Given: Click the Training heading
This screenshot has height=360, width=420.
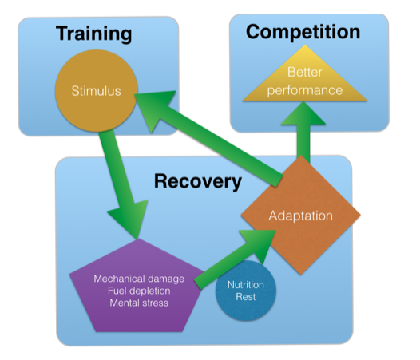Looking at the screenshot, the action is [x=93, y=34].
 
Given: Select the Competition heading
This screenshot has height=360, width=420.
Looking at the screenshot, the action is [x=303, y=32].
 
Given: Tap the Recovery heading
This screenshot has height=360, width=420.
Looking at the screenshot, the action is [x=198, y=182].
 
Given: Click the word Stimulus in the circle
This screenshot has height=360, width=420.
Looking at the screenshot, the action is [x=96, y=91].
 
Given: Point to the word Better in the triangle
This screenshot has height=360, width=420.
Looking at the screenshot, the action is [x=304, y=72].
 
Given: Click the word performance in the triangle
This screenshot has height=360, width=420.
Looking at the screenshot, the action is [x=305, y=90].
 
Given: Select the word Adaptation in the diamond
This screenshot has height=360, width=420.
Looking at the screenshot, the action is [x=300, y=216].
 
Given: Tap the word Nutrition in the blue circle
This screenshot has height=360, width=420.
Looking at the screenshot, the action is [x=246, y=284].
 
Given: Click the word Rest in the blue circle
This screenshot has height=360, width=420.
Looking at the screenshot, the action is [x=246, y=297].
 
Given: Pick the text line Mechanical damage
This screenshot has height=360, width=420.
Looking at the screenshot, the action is [x=139, y=279].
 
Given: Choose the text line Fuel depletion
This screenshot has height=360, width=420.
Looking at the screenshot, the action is [x=139, y=291].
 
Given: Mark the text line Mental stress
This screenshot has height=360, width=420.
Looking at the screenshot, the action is [x=139, y=303].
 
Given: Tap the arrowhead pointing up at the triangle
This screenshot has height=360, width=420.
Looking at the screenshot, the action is [x=303, y=115].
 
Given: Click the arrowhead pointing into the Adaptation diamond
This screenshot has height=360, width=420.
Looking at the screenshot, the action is [x=260, y=244].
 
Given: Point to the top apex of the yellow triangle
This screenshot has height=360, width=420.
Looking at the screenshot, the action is [x=304, y=45].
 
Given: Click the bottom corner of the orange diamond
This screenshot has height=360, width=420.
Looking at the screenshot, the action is [x=300, y=275].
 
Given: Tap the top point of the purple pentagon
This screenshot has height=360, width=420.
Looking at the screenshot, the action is [x=137, y=239].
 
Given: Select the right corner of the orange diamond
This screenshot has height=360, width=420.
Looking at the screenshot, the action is [x=361, y=215].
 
